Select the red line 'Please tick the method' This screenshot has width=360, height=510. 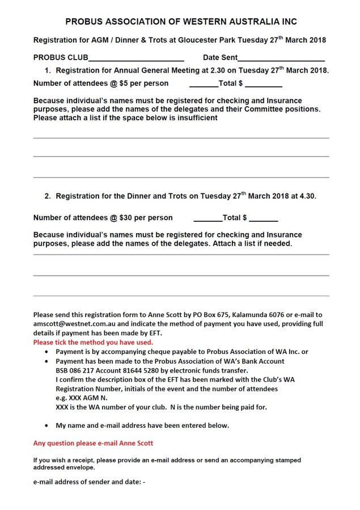pos(93,343)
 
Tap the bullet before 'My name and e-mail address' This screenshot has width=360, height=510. pos(46,425)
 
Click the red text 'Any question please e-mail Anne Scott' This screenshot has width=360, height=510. pos(93,443)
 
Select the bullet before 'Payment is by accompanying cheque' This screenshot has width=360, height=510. pos(46,352)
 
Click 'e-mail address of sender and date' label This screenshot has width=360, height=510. pos(89,482)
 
